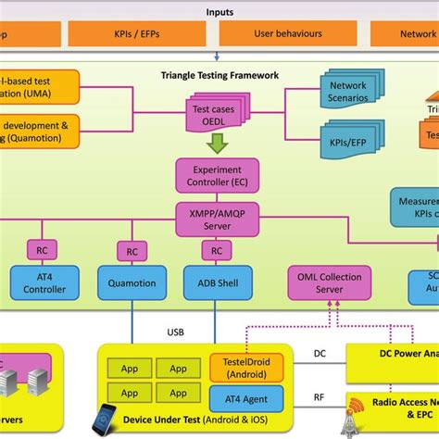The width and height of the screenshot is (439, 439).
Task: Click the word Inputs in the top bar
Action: (x=219, y=13)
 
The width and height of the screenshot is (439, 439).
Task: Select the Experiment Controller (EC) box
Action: (x=216, y=176)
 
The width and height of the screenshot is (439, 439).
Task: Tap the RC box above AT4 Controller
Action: (x=42, y=249)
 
